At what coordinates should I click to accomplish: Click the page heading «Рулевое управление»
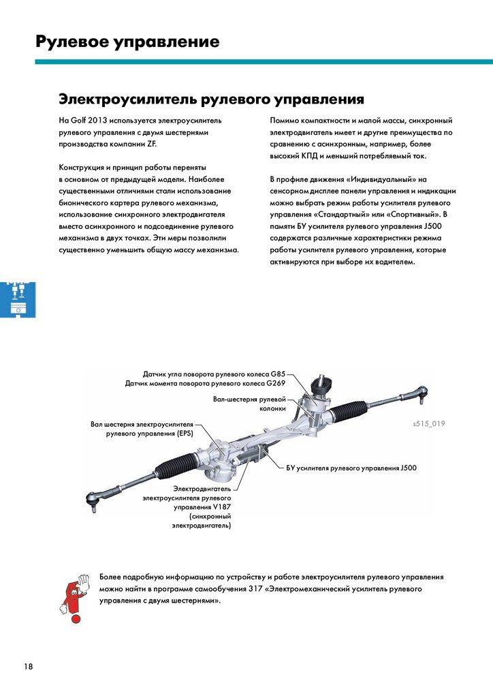[127, 42]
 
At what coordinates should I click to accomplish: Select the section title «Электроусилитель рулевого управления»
[211, 99]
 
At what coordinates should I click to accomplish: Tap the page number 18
[28, 666]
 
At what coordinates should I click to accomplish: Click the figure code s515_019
[428, 424]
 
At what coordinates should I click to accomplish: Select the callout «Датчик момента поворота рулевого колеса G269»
[205, 384]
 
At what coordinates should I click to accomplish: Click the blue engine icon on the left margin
[16, 297]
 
